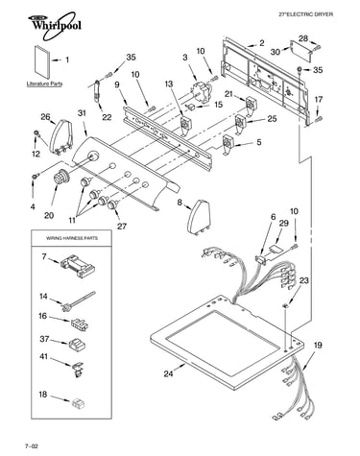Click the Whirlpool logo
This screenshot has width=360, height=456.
coord(54,25)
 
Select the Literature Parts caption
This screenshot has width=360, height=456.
coord(44,84)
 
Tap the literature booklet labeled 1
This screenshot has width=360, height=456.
coord(41,62)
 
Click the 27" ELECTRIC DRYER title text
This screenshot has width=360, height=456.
coord(305,14)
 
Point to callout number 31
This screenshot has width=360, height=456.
coord(82,113)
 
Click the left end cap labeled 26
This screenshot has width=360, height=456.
coord(61,137)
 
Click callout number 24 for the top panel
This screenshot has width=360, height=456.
coord(169,373)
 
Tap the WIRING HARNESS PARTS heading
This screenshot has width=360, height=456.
coord(72,238)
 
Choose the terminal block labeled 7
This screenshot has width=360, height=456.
coord(78,266)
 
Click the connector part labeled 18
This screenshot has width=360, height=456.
coord(77,403)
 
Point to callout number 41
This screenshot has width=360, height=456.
coord(43,356)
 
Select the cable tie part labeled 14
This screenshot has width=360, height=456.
coord(78,300)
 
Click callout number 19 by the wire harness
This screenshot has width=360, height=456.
coord(317,346)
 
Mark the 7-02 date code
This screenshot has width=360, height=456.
coord(32,445)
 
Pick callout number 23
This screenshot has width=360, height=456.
coord(303,280)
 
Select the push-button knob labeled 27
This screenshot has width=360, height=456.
coord(112,205)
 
